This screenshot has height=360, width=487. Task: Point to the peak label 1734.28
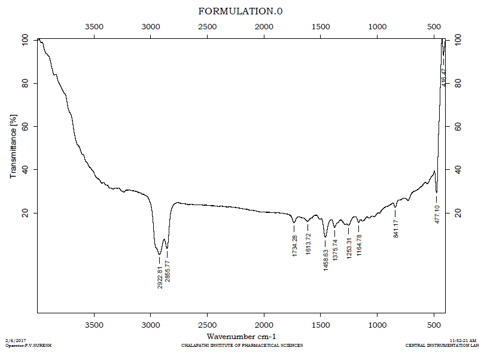pos(294,246)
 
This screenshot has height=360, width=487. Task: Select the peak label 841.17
pos(395,228)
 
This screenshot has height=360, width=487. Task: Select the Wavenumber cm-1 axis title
pos(241,337)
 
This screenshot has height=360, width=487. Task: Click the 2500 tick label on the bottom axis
pos(207,325)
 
